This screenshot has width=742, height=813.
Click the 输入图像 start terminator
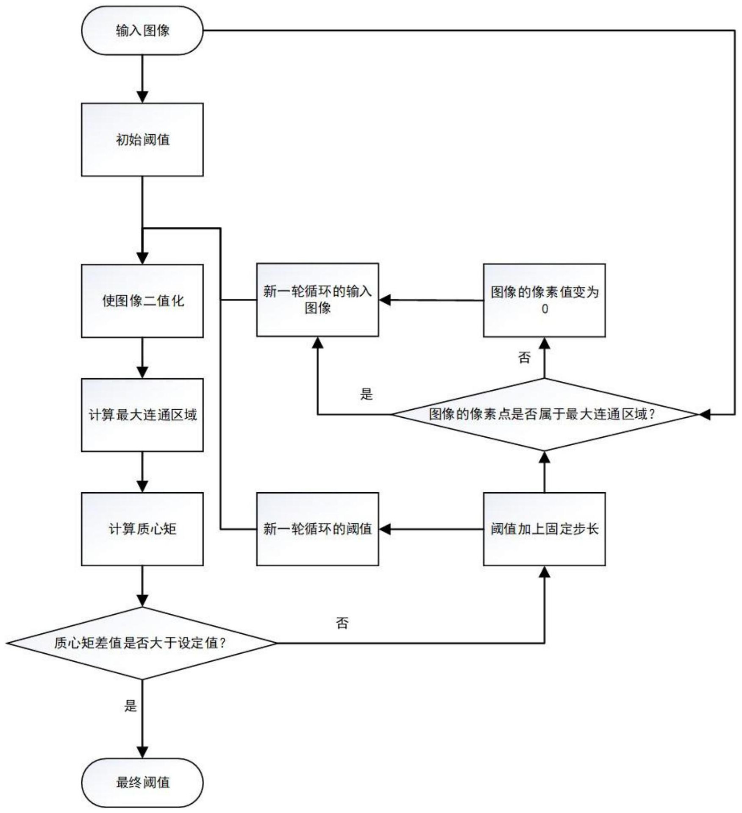coord(142,31)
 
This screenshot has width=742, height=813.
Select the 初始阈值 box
coord(142,139)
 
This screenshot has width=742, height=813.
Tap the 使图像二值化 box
coord(142,301)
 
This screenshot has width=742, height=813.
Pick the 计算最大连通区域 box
coord(142,415)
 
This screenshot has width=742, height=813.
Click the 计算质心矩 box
coord(142,529)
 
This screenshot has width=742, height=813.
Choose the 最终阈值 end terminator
coord(142,782)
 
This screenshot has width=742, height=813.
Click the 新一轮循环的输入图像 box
coord(317,300)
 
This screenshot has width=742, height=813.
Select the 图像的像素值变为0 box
coord(544,300)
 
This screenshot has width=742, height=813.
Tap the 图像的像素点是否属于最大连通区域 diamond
coord(544,414)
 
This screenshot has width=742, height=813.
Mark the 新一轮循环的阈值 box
coord(317,529)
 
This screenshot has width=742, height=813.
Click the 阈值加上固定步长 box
coord(544,529)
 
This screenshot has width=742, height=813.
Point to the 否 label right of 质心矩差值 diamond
coord(342,623)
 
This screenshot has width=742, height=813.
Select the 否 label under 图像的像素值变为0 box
coord(524,358)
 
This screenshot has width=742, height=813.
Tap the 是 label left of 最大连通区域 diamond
coord(366,394)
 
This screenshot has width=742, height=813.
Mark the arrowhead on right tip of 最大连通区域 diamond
coord(704,414)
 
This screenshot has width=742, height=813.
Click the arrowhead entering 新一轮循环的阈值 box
coord(385,529)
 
